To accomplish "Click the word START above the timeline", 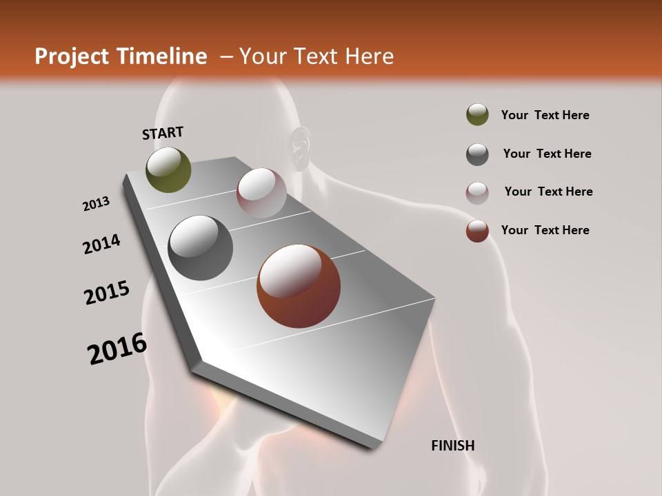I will point(163,133).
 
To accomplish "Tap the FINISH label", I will point(452,446).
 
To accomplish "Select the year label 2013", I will point(96,204).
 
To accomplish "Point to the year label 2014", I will point(101,244).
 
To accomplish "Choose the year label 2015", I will point(107,293).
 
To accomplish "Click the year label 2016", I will point(117,349).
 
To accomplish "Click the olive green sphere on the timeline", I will point(168,169).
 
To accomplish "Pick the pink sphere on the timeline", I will point(261,193).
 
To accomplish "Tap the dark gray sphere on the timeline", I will point(201,248).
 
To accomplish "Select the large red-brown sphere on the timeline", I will point(299,286).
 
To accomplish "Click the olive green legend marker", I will point(477,115).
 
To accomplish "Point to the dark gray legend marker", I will point(477,154).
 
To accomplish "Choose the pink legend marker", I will point(477,193).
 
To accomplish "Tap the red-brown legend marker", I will point(477,231).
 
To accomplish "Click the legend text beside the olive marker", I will point(545,116).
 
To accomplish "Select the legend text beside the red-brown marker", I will point(545,230).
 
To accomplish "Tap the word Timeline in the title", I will point(163,56).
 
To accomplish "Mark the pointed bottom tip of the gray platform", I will point(373,447).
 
